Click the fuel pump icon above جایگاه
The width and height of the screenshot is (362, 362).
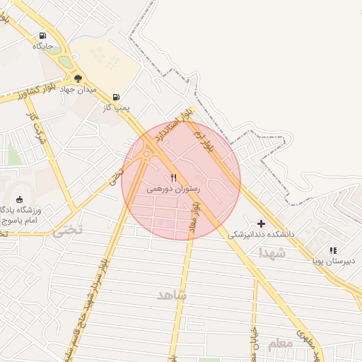pos(43,35)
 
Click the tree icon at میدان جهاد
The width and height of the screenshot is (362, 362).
pos(78,78)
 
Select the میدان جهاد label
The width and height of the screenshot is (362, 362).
pos(77,90)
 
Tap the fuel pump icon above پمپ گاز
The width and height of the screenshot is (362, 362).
pos(116,97)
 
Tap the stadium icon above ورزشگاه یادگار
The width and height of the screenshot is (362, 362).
pos(18,199)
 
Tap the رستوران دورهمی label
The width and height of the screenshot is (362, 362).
pos(174,189)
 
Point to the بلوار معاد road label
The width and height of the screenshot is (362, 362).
pos(196,216)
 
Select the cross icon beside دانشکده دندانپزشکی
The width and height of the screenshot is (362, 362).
pos(262,223)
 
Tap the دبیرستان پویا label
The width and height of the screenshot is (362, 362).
pos(333,261)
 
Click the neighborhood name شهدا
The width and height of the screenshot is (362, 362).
pos(271,252)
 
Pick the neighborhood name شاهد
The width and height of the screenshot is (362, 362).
pos(172,294)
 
